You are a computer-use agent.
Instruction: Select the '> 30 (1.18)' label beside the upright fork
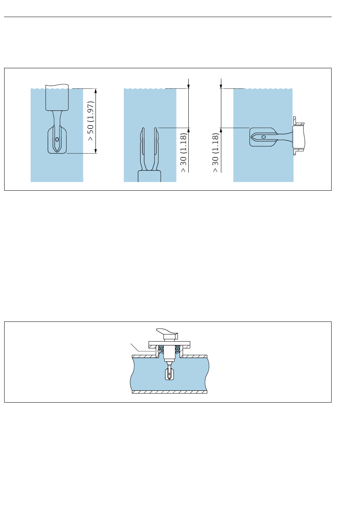tap(183, 152)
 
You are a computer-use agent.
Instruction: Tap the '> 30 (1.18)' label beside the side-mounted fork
tap(215, 152)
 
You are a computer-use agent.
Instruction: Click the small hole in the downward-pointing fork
tap(57, 140)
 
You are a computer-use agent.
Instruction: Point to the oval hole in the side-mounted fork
tap(263, 137)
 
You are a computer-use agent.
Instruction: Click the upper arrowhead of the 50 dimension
tap(95, 91)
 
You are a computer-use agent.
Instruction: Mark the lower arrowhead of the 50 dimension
tap(95, 151)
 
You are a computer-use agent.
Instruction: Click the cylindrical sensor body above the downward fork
tap(57, 97)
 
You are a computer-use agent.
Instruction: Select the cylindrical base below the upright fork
tap(149, 176)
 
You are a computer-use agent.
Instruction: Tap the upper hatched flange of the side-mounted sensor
tap(298, 121)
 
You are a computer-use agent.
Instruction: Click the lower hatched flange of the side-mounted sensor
tap(298, 152)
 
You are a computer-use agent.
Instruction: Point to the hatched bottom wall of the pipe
tap(169, 392)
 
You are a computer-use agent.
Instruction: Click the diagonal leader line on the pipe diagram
tap(135, 347)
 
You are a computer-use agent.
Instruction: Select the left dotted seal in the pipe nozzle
tap(161, 350)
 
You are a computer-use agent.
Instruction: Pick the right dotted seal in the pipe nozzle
tap(177, 350)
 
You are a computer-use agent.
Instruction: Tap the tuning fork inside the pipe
tap(169, 372)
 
